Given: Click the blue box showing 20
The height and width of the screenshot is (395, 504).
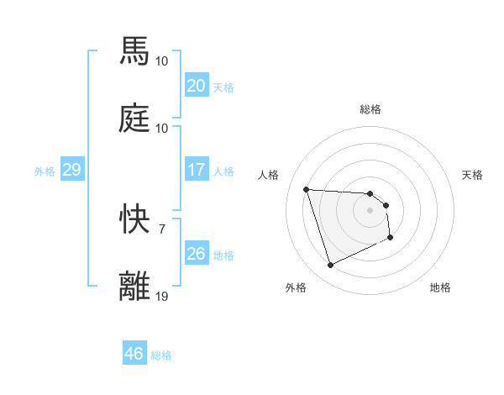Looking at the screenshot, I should (x=196, y=85).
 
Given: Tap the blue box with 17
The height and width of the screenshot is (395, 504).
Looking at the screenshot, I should (x=196, y=170).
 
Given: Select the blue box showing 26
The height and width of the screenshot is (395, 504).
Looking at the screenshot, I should (x=196, y=253).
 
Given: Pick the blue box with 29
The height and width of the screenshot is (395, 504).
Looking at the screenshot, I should (x=71, y=170).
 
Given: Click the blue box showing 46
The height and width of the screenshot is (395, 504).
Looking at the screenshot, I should (x=134, y=354).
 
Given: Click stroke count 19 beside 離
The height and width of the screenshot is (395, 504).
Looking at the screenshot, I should (x=162, y=296).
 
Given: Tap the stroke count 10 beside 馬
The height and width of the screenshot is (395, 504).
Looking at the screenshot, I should (x=162, y=61).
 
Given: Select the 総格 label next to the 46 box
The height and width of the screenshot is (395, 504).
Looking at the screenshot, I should (x=161, y=355).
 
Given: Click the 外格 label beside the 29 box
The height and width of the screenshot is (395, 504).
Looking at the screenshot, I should (x=45, y=171).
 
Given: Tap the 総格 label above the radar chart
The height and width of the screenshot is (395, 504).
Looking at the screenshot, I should (x=370, y=109).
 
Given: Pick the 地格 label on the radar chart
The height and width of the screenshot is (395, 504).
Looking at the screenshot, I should (x=440, y=287).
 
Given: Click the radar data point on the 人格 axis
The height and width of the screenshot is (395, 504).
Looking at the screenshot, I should (x=307, y=189).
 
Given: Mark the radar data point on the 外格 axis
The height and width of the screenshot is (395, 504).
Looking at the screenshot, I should (x=330, y=266).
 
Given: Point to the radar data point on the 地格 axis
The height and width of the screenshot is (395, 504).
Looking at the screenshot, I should (x=391, y=239).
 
